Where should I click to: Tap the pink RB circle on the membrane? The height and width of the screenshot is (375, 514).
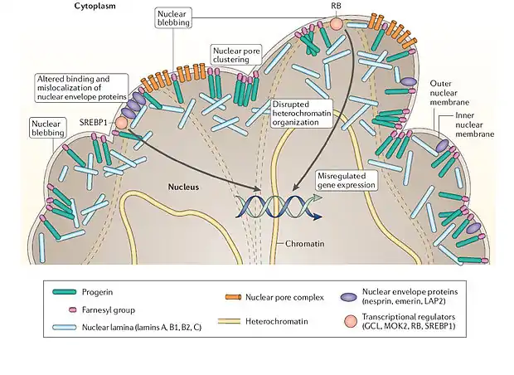pyautogui.click(x=336, y=23)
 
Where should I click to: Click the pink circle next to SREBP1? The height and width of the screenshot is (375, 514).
pyautogui.click(x=122, y=123)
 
